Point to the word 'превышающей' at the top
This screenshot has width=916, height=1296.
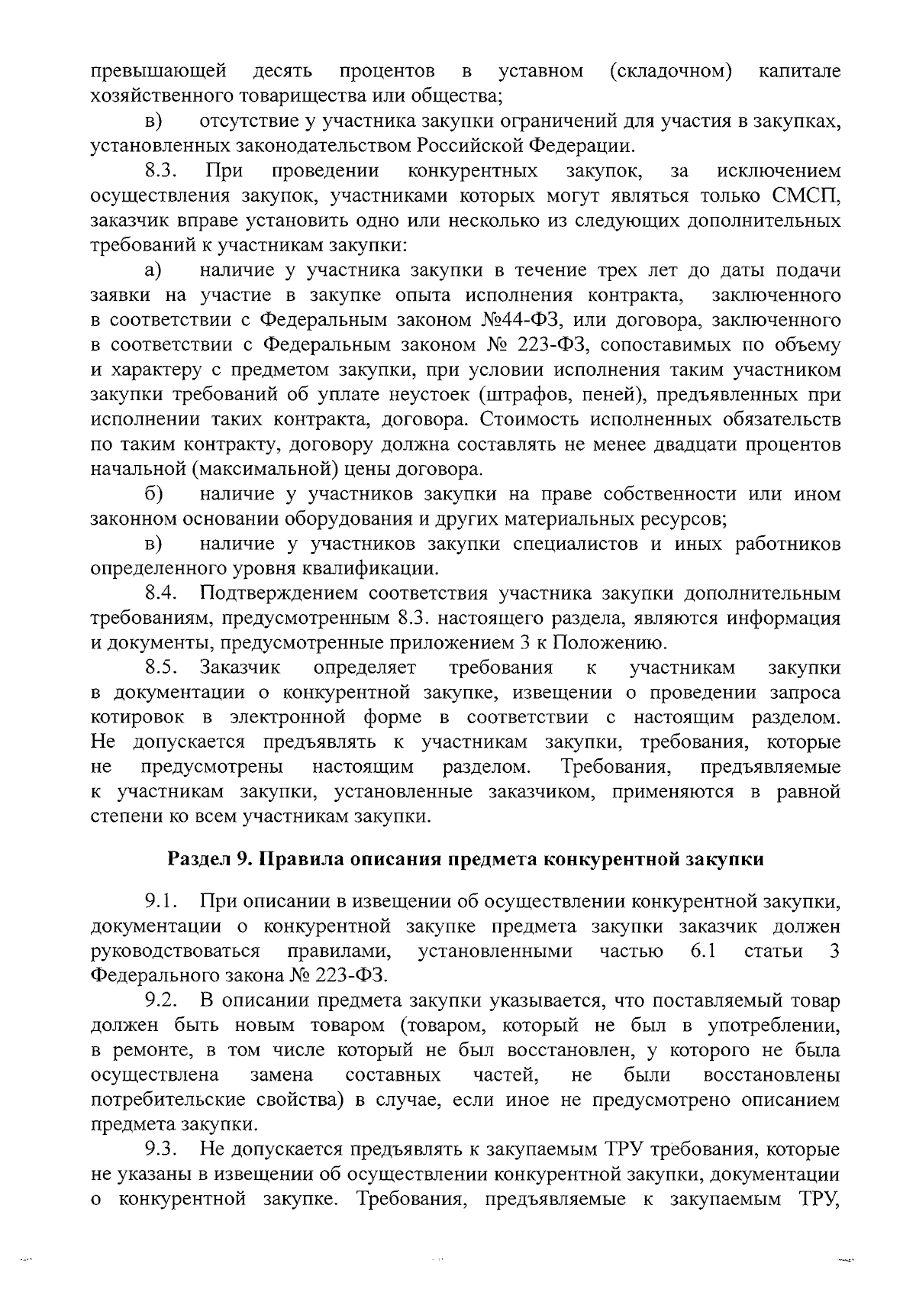[x=159, y=72]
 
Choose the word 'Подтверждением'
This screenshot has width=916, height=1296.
[x=277, y=593]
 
